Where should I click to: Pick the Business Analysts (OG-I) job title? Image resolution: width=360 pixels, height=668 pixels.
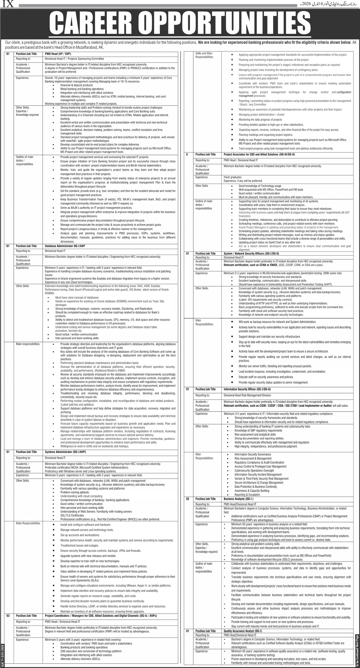pos(238,499)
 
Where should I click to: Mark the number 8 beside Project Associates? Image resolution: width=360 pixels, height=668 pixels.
pos(187,154)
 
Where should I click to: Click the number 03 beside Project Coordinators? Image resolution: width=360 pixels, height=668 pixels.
pos(8,615)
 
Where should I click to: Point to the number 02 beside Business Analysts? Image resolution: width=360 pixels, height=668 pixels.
pos(188,499)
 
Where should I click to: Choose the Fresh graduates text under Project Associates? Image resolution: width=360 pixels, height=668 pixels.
pos(231,177)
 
